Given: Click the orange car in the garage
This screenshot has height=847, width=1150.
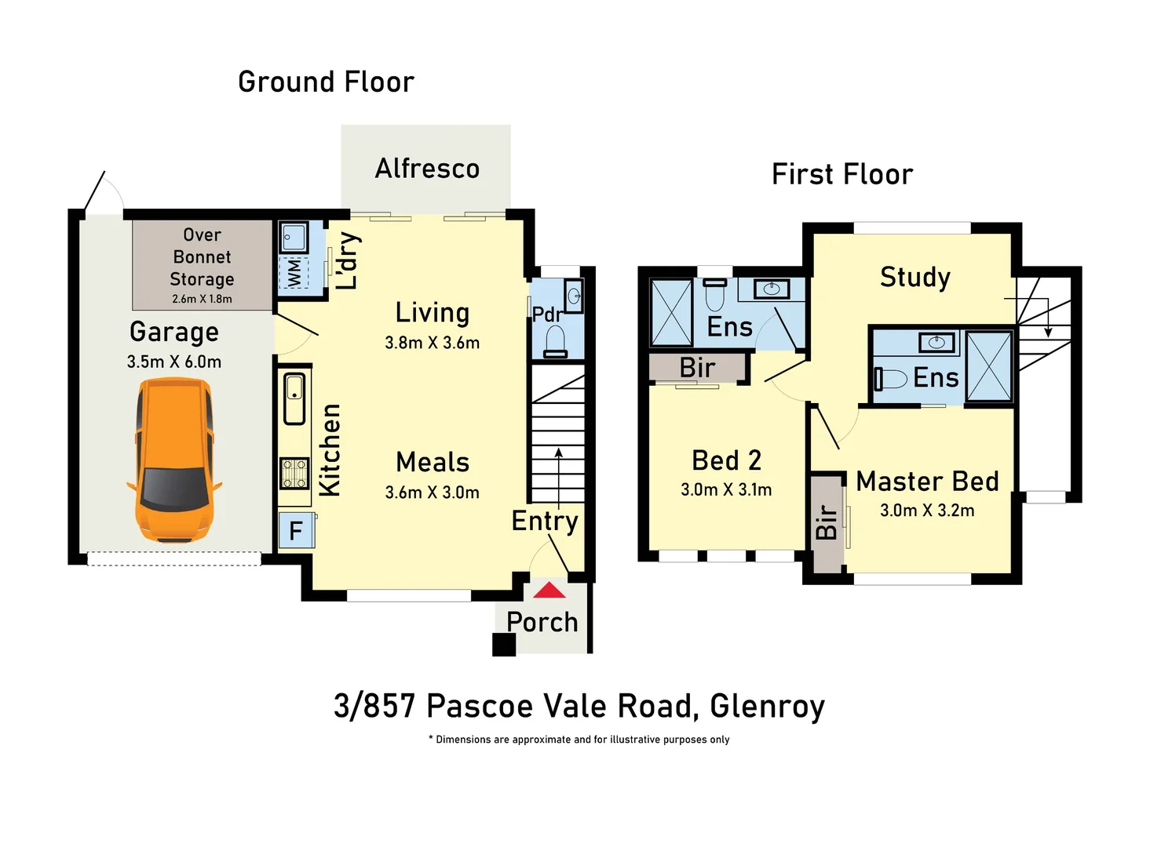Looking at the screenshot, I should (x=174, y=460).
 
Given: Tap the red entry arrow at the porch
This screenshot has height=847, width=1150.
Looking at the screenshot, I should (x=549, y=591).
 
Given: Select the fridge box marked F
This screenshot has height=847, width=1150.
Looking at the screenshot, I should (x=296, y=531).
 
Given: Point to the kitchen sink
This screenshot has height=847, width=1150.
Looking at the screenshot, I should (x=294, y=398).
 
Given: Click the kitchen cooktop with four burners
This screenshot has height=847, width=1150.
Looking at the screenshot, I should (x=294, y=474).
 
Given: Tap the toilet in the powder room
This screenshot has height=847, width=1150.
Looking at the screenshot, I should (x=556, y=342).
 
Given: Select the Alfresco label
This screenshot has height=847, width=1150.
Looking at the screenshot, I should (x=427, y=169).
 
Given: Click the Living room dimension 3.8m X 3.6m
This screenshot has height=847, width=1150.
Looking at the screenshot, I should (x=432, y=343).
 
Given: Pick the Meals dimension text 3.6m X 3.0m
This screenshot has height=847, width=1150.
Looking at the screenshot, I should (x=432, y=493).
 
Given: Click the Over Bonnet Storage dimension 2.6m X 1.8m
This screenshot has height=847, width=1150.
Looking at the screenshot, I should (x=202, y=299).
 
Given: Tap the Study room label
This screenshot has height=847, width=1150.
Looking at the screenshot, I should (x=915, y=277).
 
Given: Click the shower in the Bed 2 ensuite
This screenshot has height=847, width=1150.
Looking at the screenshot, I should (x=672, y=313).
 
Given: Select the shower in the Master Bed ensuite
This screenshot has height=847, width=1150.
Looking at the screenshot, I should (x=989, y=366).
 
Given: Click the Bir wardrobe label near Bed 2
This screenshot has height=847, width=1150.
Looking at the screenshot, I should (x=697, y=368).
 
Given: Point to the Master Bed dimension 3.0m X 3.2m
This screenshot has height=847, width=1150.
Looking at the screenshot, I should (x=927, y=511).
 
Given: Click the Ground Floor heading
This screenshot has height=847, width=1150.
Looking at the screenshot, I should (x=326, y=82).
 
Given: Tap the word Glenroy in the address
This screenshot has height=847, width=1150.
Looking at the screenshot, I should (x=767, y=706).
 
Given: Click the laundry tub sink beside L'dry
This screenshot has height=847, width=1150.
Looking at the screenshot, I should (x=294, y=237).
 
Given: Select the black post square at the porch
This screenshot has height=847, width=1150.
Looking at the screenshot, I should (x=504, y=645).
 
